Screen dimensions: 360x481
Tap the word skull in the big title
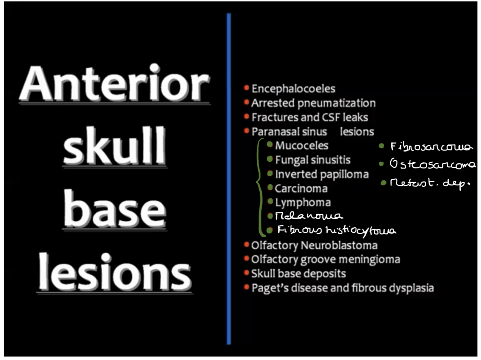(x=114, y=146)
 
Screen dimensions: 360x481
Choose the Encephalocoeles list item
(x=293, y=89)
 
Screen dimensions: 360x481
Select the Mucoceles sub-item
(x=302, y=146)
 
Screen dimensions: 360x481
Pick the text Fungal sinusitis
(x=313, y=160)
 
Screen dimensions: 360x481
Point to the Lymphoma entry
(x=303, y=203)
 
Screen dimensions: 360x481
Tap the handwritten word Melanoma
(x=309, y=216)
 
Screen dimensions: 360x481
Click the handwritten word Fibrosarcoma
(x=431, y=147)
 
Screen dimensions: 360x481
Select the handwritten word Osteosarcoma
(x=432, y=164)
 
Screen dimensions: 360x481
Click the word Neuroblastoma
(x=339, y=246)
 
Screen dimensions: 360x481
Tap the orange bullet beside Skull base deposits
(x=247, y=273)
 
